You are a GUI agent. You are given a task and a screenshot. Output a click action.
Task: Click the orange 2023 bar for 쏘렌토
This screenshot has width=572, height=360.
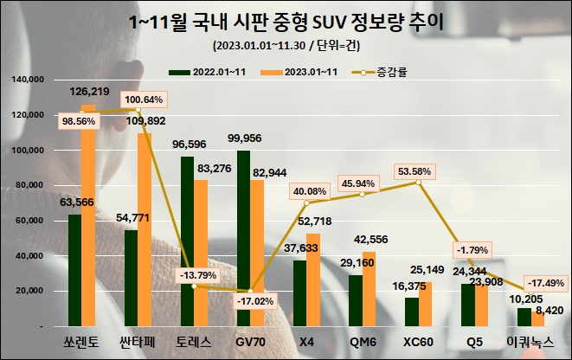click(x=87, y=216)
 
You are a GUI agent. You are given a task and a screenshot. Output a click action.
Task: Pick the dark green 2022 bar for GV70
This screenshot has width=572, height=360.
click(x=243, y=239)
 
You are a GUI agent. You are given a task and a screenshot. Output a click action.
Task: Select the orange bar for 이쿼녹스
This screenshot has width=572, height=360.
click(x=537, y=320)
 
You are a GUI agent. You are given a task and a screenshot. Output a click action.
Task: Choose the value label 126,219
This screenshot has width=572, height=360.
click(x=89, y=90)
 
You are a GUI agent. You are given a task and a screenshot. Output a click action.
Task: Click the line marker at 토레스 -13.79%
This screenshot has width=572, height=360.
click(x=195, y=286)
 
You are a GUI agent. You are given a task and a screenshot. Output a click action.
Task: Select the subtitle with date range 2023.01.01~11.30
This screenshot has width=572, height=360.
click(x=285, y=46)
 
